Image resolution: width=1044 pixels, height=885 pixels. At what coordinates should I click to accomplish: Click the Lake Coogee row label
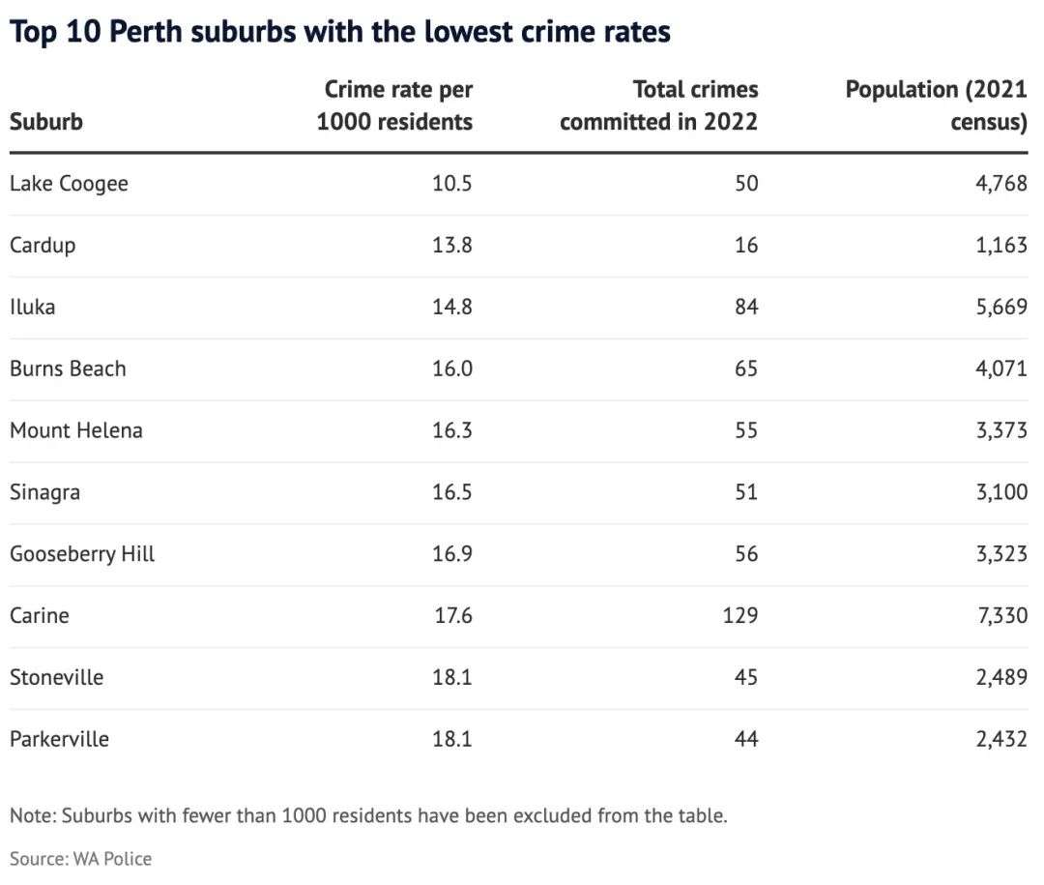[x=69, y=184]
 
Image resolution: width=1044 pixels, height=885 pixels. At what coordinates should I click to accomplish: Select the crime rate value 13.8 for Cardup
[x=451, y=246]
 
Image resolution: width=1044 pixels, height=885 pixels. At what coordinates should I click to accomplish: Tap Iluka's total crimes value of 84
[x=745, y=308]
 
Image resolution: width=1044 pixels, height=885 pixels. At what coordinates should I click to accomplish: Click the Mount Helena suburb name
[x=75, y=430]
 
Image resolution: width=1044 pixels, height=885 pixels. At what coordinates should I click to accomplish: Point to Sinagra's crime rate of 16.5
[x=451, y=492]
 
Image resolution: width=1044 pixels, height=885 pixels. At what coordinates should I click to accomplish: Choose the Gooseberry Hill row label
[x=82, y=554]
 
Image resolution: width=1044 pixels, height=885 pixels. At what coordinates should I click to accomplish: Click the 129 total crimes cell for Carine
[x=739, y=616]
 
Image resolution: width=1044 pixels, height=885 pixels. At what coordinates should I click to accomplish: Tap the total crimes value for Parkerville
[x=745, y=739]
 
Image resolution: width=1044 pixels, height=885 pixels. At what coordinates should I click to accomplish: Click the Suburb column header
[x=45, y=122]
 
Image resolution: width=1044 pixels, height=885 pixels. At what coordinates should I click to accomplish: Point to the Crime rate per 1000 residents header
[x=396, y=105]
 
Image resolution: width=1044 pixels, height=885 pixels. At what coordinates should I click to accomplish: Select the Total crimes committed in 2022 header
[x=660, y=105]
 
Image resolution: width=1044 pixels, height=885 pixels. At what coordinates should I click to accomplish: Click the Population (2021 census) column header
[x=936, y=105]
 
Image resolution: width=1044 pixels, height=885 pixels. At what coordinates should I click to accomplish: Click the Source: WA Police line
[x=80, y=858]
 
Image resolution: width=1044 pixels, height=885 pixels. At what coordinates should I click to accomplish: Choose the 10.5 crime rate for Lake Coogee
[x=451, y=184]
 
